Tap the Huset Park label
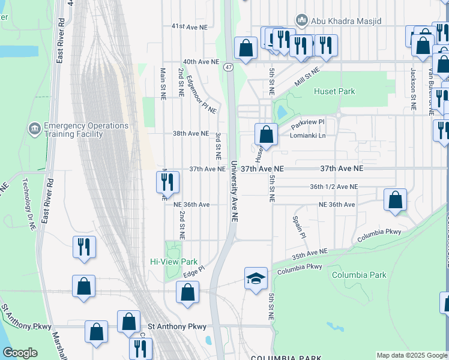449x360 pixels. [x=334, y=92]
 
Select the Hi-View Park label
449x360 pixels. [x=173, y=262]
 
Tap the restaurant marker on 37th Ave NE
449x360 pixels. [x=168, y=181]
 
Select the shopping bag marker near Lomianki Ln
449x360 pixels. [x=266, y=134]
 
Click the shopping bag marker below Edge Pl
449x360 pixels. [x=187, y=293]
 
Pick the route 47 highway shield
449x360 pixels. [x=229, y=67]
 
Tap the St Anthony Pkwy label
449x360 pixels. [x=177, y=327]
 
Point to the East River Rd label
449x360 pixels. [x=61, y=45]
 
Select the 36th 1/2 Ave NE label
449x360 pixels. [x=334, y=187]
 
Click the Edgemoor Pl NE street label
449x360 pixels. [x=201, y=94]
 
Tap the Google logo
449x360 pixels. [x=20, y=353]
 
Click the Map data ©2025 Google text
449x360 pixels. [x=412, y=355]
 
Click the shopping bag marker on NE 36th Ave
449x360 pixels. [x=396, y=200]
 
